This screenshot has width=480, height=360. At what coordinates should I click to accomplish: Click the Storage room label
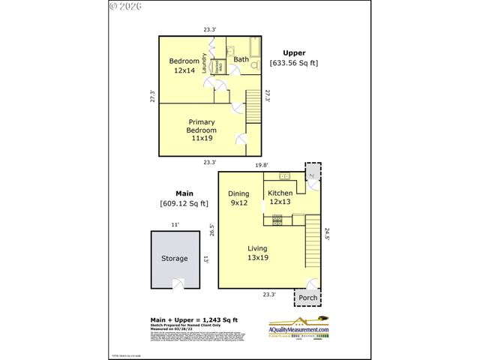[174, 259]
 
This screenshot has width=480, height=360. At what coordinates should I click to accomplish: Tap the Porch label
[308, 298]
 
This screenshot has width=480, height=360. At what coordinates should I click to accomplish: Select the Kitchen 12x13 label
[280, 197]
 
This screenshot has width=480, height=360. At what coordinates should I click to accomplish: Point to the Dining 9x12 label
[239, 197]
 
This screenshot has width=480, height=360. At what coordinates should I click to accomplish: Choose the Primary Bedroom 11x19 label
[202, 130]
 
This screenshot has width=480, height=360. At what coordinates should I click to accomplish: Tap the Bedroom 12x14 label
[184, 65]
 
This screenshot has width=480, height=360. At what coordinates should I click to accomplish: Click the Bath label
[241, 59]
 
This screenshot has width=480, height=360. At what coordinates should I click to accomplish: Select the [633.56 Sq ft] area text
[293, 63]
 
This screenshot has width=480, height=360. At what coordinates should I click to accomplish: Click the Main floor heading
[184, 193]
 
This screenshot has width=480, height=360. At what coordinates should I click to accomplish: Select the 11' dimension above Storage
[175, 224]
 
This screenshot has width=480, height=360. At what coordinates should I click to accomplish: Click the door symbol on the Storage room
[178, 283]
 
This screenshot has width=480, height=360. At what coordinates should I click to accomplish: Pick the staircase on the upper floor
[254, 106]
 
